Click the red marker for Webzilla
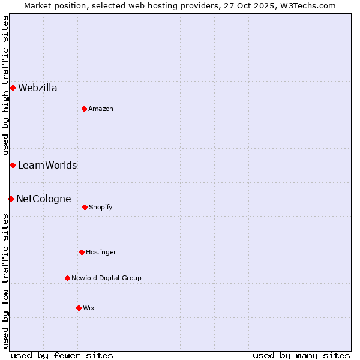coord(13,88)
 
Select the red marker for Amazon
coord(84,109)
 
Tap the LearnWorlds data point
coord(13,165)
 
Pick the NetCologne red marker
coord(11,199)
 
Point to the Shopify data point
coord(85,207)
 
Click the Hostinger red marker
coord(82,252)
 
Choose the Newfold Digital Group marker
coord(67,278)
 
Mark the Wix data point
coord(79,308)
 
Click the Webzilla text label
coord(38,88)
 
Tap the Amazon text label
coord(101,109)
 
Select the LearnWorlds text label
coord(47,166)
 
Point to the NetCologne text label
coord(44,199)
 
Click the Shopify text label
coord(101,208)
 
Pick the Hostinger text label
coord(101,253)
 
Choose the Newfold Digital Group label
coord(106,278)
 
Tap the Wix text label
coord(89,308)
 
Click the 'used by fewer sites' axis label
coord(62,355)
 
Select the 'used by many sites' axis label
coord(301,355)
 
